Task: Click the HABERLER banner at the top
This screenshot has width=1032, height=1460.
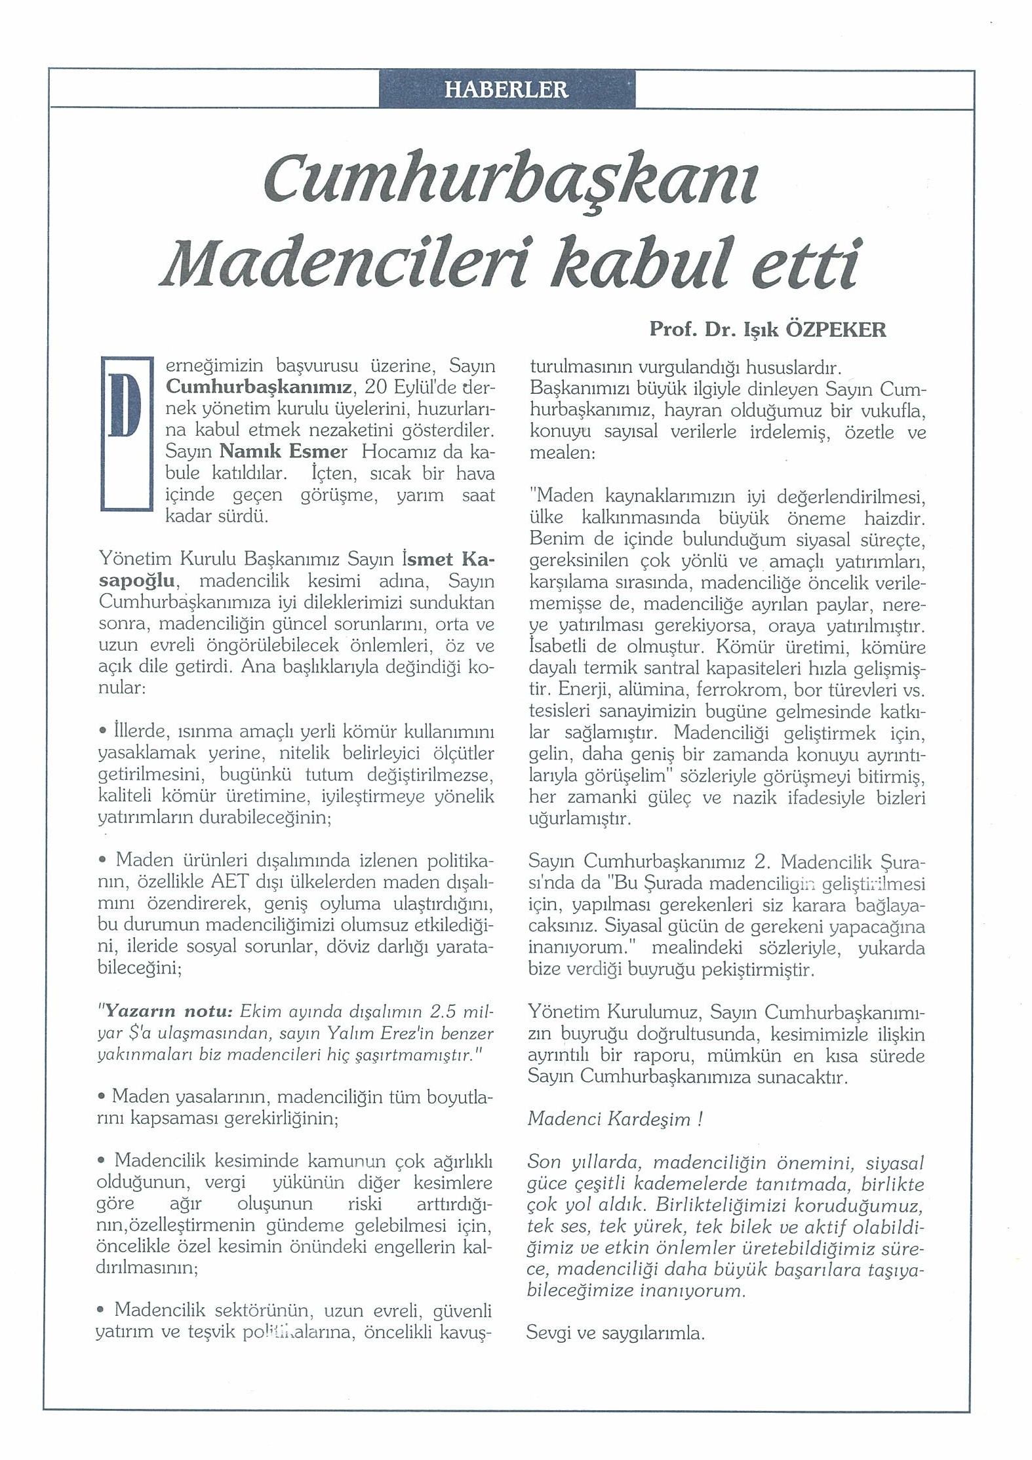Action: pos(506,89)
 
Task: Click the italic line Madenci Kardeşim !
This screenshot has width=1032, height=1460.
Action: pos(615,1119)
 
